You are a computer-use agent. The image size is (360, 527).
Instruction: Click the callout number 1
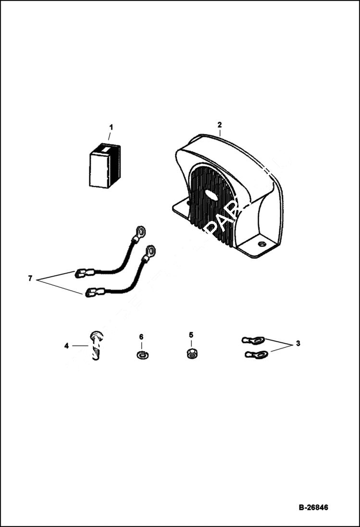click(x=111, y=127)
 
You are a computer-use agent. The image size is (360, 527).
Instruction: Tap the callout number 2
click(x=220, y=125)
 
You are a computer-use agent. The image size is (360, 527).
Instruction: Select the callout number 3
click(x=298, y=343)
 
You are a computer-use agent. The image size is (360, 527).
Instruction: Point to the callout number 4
click(x=66, y=345)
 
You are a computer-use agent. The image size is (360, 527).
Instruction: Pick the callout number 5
click(x=191, y=335)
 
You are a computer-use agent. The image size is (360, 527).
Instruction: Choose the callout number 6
click(x=141, y=337)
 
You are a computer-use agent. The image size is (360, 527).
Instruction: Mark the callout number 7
click(x=30, y=279)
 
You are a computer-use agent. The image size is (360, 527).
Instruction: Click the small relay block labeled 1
click(x=104, y=165)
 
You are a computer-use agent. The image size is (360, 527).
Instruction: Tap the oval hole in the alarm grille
click(x=211, y=195)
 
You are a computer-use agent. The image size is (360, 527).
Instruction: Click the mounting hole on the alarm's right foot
click(x=261, y=244)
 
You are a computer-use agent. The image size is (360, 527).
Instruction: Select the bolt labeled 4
click(x=96, y=345)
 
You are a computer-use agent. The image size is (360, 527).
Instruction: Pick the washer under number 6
click(x=142, y=355)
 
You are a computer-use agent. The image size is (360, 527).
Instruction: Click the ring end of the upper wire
click(x=140, y=232)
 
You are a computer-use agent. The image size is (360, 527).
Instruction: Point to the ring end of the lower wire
click(x=150, y=250)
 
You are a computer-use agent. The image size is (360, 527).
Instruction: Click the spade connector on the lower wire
click(x=94, y=291)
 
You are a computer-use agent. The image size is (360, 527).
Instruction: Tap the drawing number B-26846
click(x=313, y=507)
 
